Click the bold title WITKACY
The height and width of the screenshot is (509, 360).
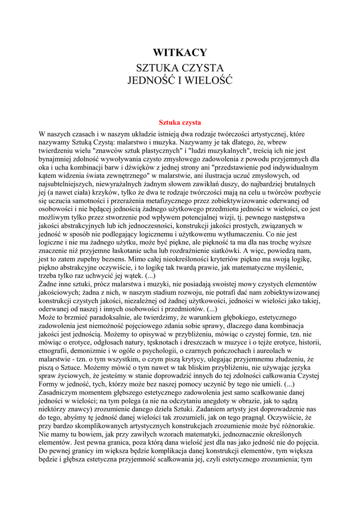tap(180, 53)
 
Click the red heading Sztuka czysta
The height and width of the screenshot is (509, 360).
tap(180, 122)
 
